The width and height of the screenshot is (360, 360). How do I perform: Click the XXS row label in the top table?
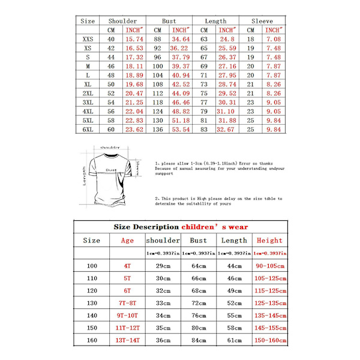(88, 39)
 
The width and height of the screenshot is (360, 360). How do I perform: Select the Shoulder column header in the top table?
(122, 20)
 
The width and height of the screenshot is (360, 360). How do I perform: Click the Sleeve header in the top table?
(262, 20)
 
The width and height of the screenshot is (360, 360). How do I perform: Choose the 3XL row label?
(88, 103)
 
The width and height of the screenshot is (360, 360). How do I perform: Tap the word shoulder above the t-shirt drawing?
(110, 147)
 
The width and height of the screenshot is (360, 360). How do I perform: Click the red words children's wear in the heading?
(215, 227)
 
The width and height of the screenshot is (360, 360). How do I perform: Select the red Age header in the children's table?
(127, 241)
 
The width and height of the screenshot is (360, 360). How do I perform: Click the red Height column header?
(269, 241)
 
